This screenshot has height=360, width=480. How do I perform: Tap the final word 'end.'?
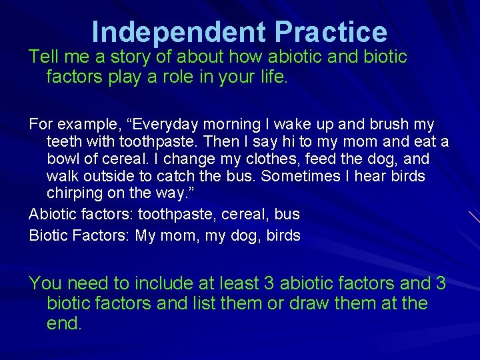click(65, 325)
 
